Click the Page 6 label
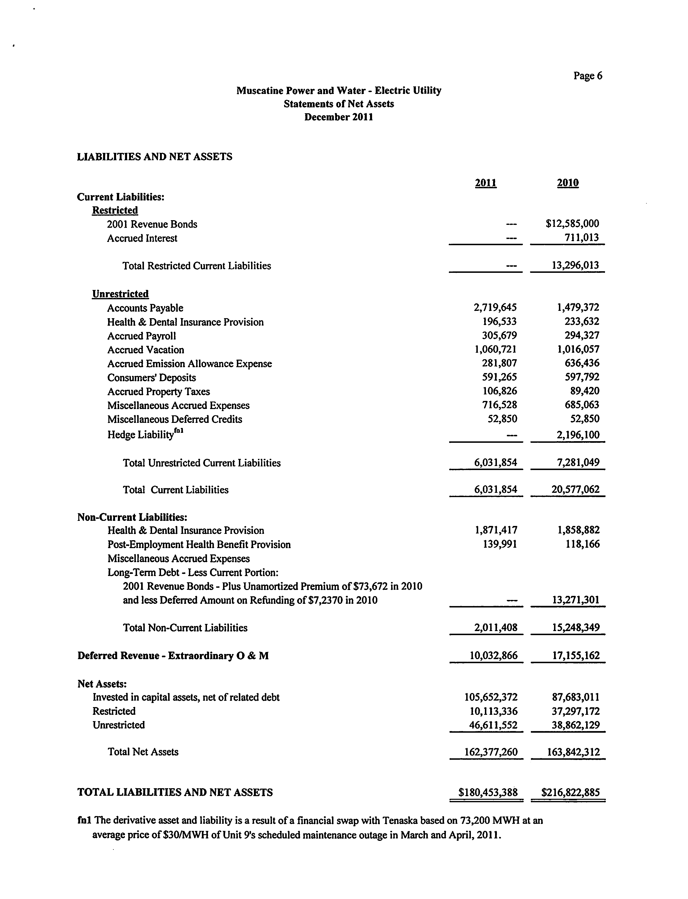[x=588, y=76]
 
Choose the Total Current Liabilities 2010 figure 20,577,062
[x=575, y=489]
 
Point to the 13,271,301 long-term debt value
[x=575, y=600]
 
